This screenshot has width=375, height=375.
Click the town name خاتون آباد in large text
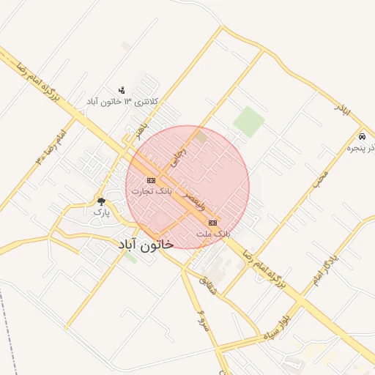pos(145,244)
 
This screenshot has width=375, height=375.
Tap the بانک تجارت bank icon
pos(151,180)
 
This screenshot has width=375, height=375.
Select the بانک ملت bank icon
pos(212,222)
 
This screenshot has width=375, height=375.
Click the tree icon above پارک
pos(101,201)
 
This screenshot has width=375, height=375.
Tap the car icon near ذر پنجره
pos(362,137)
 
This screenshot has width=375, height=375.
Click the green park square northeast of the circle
pos(249,121)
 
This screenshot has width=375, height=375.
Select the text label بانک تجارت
pos(152,191)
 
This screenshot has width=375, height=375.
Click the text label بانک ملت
pos(213,233)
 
